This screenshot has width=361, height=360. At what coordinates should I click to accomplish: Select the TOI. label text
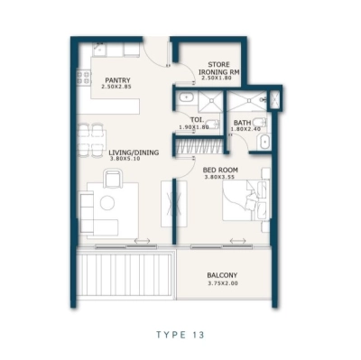[196, 119]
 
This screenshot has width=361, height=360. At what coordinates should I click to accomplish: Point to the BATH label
[241, 123]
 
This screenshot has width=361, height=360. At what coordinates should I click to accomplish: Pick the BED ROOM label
[220, 170]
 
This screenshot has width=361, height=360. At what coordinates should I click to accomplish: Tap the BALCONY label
[222, 275]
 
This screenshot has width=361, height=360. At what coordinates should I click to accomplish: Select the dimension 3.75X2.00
[222, 284]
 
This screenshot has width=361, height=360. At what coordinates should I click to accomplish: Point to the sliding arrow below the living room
[142, 241]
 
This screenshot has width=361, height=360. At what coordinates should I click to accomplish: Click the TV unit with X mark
[168, 204]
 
